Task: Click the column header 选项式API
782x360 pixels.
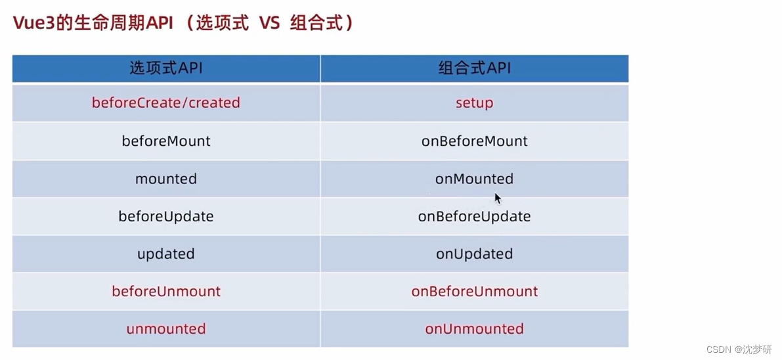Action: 166,68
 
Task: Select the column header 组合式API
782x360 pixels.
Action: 474,68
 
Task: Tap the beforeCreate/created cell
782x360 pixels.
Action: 166,103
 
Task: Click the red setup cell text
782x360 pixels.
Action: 474,103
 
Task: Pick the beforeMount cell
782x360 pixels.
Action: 166,141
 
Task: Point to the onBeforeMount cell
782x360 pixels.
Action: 474,141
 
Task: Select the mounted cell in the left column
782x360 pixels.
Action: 166,178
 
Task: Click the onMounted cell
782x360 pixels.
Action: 474,178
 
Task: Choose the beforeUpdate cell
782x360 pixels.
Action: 166,216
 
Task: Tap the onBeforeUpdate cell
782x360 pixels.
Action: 474,216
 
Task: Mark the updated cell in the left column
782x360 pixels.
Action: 166,254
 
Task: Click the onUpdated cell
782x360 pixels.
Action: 474,254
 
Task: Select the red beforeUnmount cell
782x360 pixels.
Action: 166,291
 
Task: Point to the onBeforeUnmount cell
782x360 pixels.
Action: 474,291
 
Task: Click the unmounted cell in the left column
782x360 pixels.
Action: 166,328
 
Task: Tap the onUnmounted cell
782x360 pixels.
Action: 474,328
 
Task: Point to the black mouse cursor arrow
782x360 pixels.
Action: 498,198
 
